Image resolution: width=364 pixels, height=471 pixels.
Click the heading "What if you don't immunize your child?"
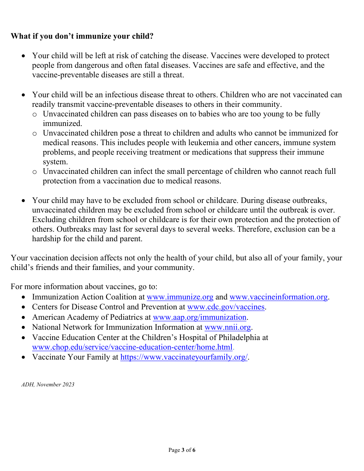point(82,36)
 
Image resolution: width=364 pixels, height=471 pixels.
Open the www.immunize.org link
point(180,297)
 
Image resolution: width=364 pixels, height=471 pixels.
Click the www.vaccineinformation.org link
point(279,297)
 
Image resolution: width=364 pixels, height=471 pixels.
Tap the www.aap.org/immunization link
point(199,317)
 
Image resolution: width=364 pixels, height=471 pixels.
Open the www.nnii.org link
point(228,327)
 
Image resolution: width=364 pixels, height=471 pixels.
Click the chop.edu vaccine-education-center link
point(132,348)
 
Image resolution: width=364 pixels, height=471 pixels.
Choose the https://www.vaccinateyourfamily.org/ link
point(184,357)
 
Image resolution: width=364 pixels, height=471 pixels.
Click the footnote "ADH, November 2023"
point(48,384)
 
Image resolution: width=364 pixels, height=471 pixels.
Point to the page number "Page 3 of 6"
point(182,450)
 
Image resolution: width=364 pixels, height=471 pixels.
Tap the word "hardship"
point(47,239)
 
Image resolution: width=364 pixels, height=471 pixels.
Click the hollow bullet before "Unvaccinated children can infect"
point(34,172)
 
